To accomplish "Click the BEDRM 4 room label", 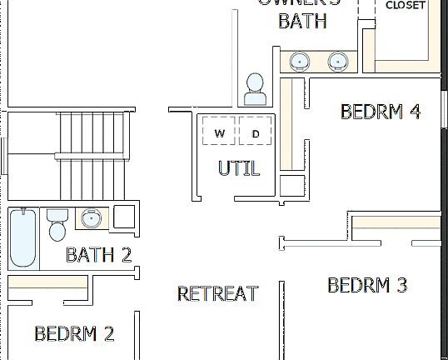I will point(380,112).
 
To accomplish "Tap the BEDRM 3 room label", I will point(367,286).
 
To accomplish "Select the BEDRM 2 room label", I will point(74,334).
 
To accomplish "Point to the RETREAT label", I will point(217,293).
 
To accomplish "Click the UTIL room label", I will point(239,167).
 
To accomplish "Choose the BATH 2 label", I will point(98,255).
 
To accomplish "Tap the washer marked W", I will point(220,133).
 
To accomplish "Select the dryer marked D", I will point(256,133).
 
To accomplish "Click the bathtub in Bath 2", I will point(22,237).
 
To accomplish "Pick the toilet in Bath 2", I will point(57,224).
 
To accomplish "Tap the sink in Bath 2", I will point(91,219).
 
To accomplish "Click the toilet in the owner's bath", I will point(256,88).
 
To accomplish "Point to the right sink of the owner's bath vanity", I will point(337,61).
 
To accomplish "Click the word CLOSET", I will point(406,6).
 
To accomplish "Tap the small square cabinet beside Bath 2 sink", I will point(124,217).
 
